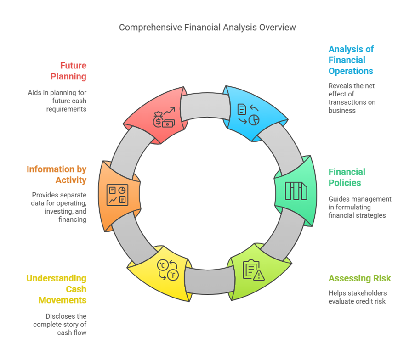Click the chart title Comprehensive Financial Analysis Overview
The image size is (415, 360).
coord(207,28)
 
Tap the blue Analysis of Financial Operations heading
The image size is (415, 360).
coord(351,60)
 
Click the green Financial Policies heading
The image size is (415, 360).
coord(347,177)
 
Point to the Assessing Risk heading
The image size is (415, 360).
coord(359,278)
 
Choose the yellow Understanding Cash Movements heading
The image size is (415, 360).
coord(57,289)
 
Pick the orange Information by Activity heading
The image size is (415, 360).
coord(57,174)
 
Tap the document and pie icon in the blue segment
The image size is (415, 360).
coord(248,114)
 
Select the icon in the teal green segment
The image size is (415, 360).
coord(296,191)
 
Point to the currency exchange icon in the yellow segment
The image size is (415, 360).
coord(167,270)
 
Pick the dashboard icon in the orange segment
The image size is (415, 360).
coord(117,195)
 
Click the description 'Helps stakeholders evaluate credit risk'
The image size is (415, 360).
coord(357,297)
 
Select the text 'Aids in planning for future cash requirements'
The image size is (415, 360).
coord(57,101)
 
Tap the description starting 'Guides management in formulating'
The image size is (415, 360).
coord(360,207)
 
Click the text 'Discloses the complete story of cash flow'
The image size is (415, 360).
coord(60,324)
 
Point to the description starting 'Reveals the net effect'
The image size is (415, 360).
coord(352,98)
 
